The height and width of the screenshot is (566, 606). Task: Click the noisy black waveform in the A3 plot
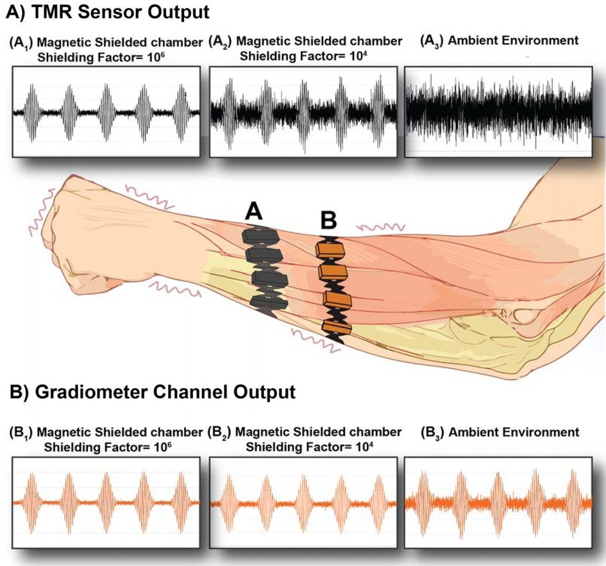(498, 111)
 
